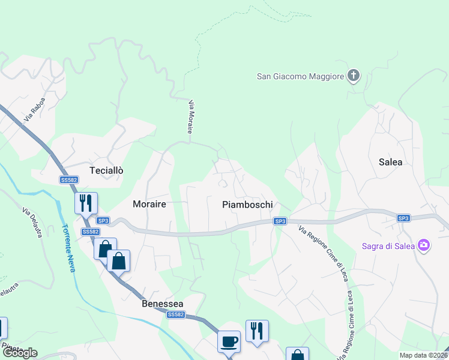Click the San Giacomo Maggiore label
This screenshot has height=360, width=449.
point(300,76)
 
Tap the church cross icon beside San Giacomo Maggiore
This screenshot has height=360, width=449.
point(354,76)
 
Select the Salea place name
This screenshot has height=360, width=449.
point(390,162)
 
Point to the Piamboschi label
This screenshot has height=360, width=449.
point(247,205)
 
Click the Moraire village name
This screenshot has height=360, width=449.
point(145,204)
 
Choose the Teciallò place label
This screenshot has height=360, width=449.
point(106,170)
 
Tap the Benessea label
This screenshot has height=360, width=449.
point(162,304)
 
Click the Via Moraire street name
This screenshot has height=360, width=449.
point(191,117)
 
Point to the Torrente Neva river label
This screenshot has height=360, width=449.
point(68,248)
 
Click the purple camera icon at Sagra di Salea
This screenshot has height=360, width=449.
point(424,245)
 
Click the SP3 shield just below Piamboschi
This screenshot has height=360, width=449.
point(280,221)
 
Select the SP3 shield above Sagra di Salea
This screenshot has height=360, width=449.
point(403,218)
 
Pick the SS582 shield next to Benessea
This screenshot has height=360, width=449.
point(175,314)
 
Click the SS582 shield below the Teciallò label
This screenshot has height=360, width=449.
point(69,179)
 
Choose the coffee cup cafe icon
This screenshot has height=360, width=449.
point(229,341)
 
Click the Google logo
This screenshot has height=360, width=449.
point(19,353)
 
